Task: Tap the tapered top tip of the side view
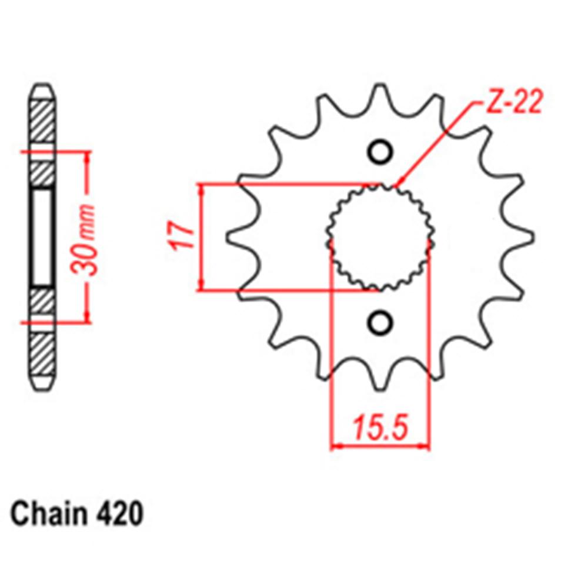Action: tap(43, 91)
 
